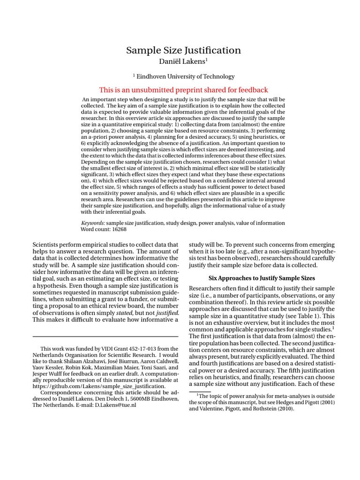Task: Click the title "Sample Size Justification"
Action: coord(184,50)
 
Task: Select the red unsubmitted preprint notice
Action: coord(184,90)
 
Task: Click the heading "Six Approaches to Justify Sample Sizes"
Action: coord(261,278)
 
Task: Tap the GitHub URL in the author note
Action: coord(99,386)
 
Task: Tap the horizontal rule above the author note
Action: coord(105,337)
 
